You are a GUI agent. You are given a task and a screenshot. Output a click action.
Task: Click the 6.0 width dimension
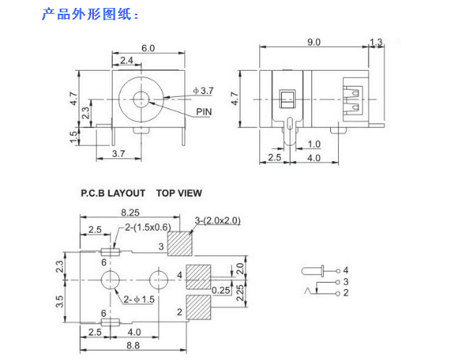tap(148, 48)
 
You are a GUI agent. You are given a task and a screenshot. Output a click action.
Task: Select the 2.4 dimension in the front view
tap(126, 59)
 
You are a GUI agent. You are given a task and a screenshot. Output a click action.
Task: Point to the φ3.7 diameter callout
tap(203, 90)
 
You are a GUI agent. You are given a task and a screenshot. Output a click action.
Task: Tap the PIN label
tap(204, 112)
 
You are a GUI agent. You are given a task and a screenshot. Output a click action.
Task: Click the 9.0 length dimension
tap(314, 43)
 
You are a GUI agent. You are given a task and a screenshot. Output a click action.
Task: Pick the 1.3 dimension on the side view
tap(376, 43)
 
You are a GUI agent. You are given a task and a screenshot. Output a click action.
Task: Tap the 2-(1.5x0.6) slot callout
tap(150, 228)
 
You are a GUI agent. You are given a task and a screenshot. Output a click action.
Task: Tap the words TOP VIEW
tap(179, 193)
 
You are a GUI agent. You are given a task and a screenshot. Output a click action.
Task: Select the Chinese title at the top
tap(90, 14)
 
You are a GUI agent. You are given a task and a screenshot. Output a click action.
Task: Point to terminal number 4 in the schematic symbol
tap(345, 270)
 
